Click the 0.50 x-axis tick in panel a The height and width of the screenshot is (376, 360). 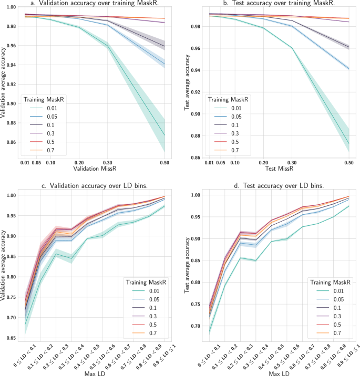pos(165,163)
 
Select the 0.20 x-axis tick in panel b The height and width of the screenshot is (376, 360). pos(263,163)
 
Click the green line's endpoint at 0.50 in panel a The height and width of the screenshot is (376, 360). pos(165,135)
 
